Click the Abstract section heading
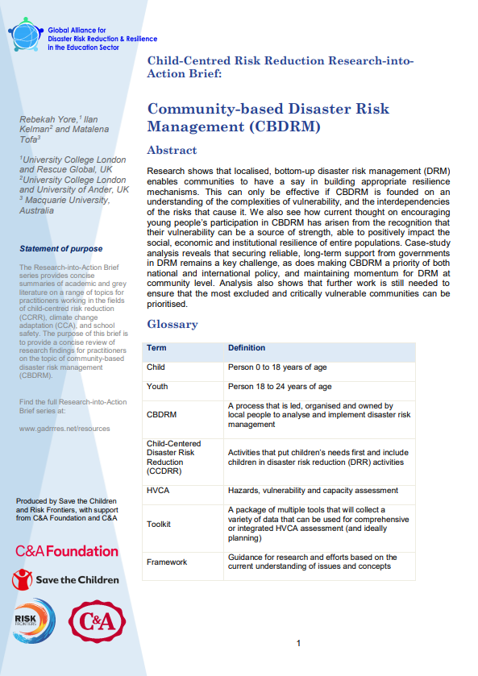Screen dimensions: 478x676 171,150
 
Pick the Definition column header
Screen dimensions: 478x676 247,347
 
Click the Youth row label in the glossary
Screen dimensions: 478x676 157,387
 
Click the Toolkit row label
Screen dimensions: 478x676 160,524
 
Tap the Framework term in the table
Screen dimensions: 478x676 166,562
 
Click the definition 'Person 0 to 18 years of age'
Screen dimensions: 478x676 276,367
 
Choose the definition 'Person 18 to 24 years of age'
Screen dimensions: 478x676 278,387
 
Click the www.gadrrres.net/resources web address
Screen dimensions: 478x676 64,428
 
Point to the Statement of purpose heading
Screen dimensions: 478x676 61,248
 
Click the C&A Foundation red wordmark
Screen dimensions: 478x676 66,551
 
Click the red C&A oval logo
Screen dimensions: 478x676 98,620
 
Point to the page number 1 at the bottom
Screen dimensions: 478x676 298,643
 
